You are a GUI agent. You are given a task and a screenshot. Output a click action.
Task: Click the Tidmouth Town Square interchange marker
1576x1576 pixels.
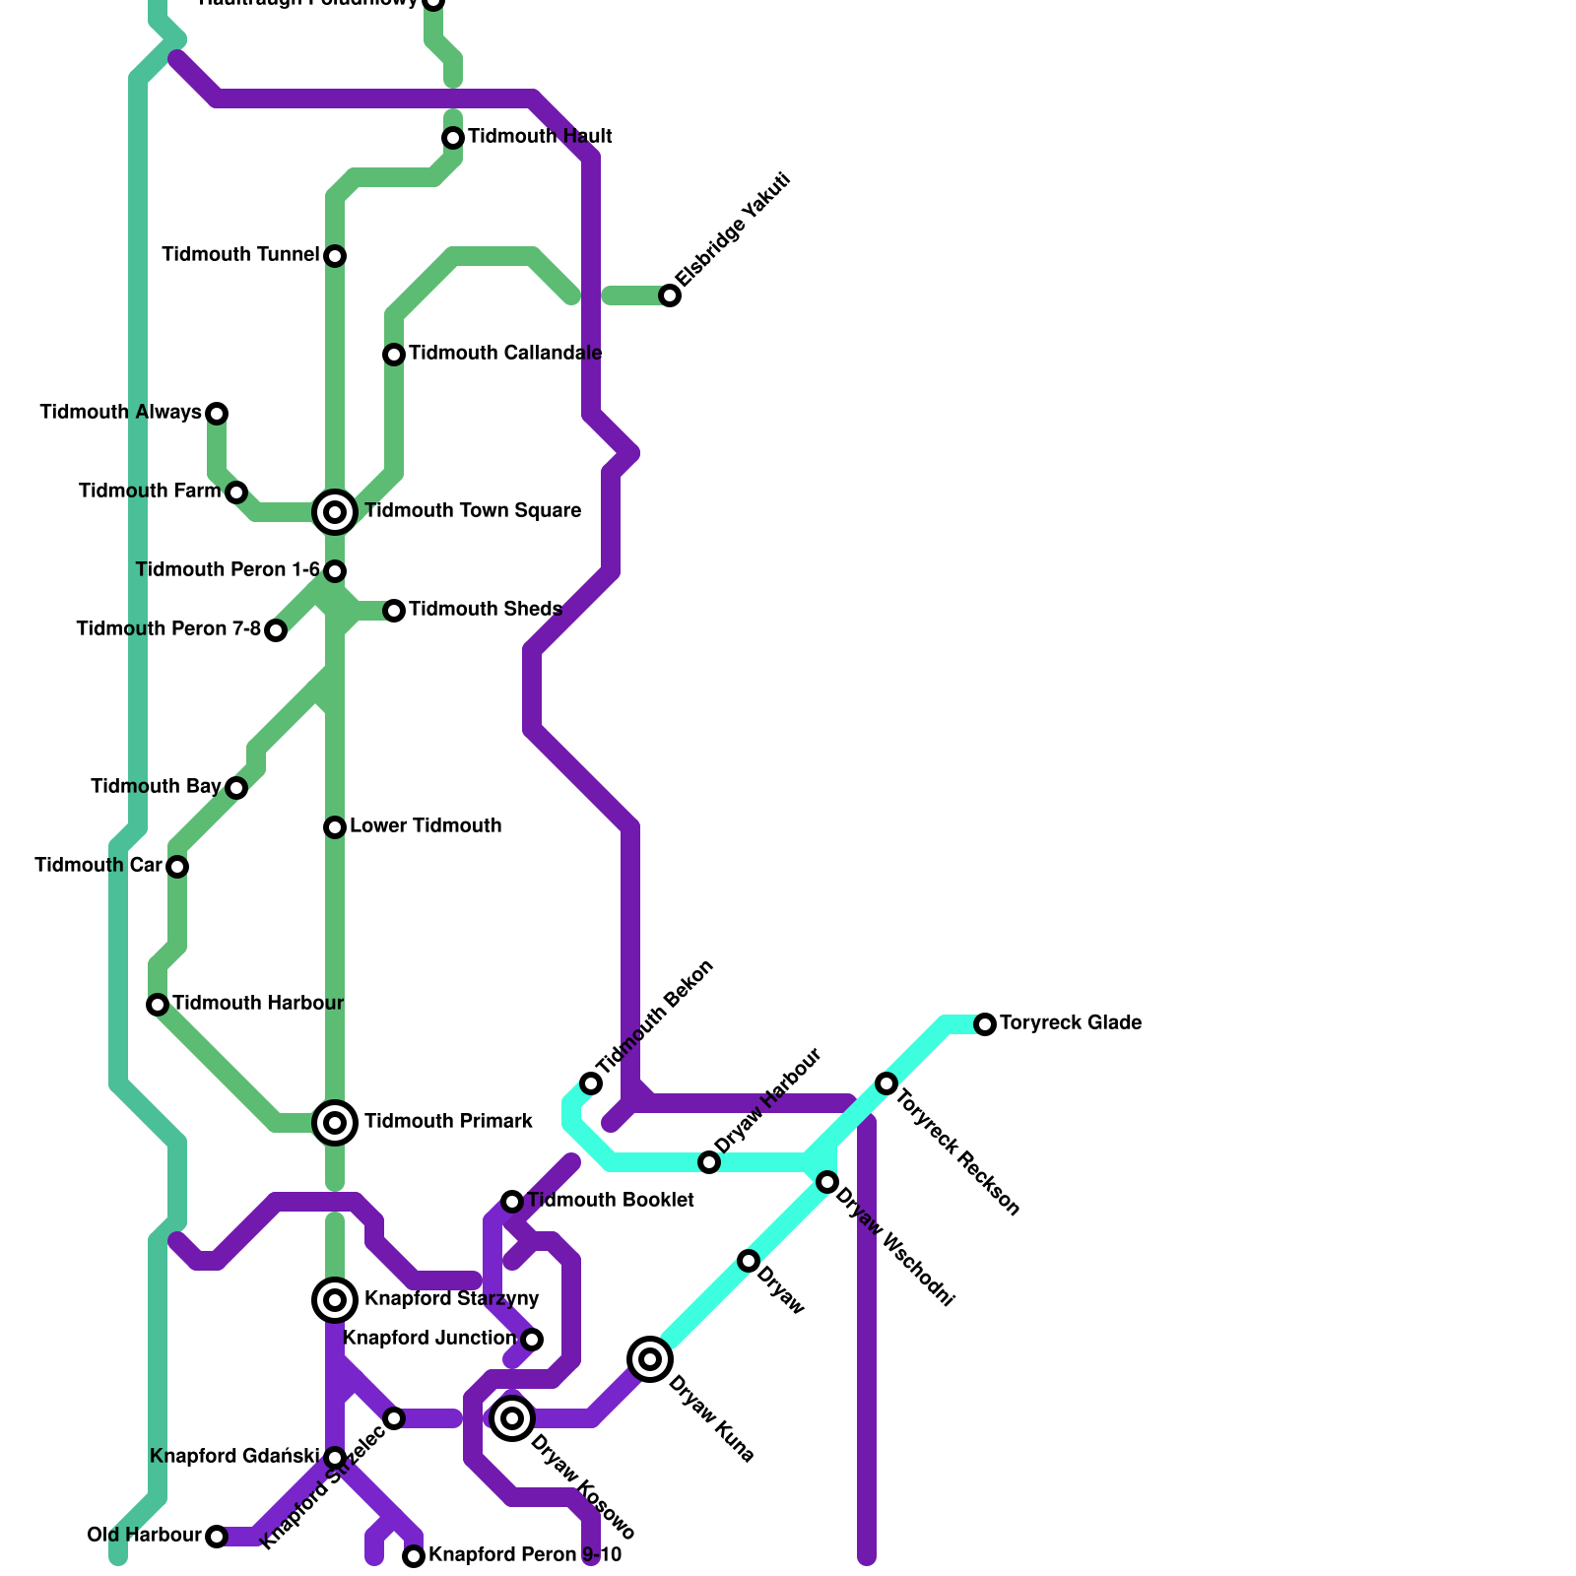pos(335,511)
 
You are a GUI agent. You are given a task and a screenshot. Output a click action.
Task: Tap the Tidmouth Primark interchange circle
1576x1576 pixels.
pos(335,1123)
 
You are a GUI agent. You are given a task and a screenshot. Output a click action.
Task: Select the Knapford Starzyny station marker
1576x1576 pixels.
pos(335,1300)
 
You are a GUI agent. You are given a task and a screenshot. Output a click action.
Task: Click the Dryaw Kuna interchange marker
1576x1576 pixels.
pos(650,1359)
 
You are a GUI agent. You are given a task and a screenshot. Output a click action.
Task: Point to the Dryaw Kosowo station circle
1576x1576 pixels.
pos(512,1418)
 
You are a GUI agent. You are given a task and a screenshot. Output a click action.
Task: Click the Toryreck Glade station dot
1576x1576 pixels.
pos(985,1024)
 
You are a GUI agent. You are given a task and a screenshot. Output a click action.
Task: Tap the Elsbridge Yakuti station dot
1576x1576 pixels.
pos(670,295)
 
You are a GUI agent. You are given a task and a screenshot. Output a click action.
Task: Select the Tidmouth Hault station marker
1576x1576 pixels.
pos(453,138)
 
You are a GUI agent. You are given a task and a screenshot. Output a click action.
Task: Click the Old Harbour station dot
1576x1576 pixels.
pos(217,1537)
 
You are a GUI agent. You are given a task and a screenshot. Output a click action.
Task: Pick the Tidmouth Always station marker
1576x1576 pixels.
pos(217,414)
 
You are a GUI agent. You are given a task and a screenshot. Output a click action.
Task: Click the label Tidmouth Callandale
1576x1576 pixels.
pos(505,354)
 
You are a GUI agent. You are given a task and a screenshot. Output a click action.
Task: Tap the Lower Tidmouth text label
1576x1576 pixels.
pos(426,826)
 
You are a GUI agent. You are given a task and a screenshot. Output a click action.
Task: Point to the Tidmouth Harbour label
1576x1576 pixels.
pos(258,1004)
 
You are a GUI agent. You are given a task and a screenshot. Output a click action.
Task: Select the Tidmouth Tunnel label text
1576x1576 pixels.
pos(240,255)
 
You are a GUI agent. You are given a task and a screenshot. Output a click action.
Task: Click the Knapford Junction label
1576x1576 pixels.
pos(429,1339)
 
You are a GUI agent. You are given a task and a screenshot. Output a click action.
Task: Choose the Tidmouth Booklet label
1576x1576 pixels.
pos(611,1201)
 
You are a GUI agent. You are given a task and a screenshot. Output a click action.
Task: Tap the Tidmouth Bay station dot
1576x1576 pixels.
pos(236,788)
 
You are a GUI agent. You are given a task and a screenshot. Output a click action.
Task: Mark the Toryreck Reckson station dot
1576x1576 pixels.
pos(886,1083)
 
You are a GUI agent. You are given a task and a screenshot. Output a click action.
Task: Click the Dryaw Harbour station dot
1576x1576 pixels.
pos(709,1162)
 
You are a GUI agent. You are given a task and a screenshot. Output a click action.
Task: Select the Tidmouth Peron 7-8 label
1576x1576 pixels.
pos(168,629)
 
